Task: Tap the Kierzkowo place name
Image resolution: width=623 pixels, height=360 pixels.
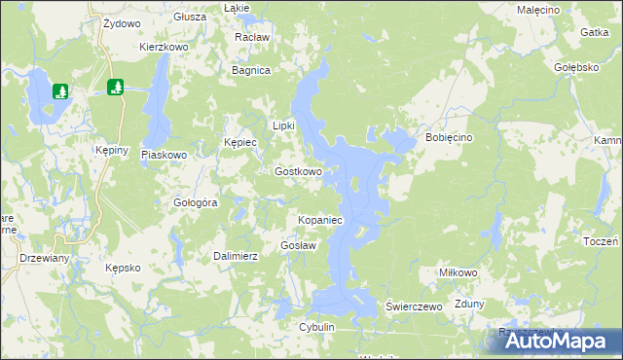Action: click(x=163, y=46)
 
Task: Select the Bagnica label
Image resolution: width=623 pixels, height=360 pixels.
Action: click(x=250, y=70)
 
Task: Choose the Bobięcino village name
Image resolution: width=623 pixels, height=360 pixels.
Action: click(x=449, y=138)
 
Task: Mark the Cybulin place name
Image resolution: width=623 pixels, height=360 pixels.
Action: click(x=317, y=327)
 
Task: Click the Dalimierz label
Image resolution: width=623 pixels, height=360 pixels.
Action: click(x=235, y=256)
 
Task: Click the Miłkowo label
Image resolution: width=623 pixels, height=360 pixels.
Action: click(x=458, y=273)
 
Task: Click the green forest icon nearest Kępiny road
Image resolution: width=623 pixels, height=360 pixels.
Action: click(x=116, y=88)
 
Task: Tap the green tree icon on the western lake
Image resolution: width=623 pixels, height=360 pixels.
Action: click(x=60, y=91)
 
